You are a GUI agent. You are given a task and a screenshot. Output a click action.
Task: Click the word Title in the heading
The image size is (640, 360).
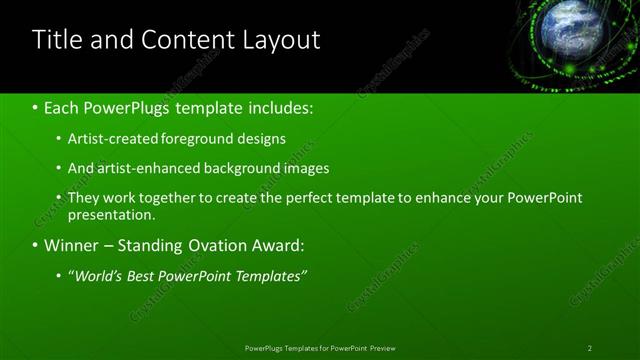pos(57,40)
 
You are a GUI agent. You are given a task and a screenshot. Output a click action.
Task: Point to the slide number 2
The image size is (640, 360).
pos(589,348)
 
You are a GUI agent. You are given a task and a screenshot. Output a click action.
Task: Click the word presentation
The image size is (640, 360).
pos(111,214)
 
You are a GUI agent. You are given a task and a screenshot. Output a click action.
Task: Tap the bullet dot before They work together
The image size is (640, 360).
pos(59,198)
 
